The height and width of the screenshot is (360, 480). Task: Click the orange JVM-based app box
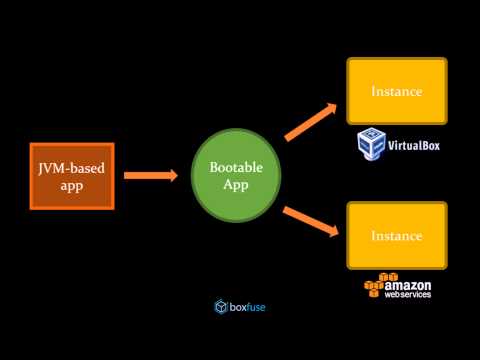click(x=71, y=176)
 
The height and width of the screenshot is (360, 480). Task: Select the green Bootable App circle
click(x=236, y=177)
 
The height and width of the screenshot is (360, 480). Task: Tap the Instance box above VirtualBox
click(x=396, y=91)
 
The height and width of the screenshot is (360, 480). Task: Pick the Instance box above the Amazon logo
click(x=396, y=235)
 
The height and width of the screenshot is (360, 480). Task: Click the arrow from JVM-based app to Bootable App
click(x=151, y=176)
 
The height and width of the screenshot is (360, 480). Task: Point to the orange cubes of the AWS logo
click(x=374, y=289)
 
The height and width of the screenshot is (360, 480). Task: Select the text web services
click(x=414, y=296)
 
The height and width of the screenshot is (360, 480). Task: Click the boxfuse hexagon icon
click(x=222, y=306)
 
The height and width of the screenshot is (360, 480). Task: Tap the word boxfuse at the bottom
click(x=248, y=306)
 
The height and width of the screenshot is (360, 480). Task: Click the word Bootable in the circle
click(x=236, y=168)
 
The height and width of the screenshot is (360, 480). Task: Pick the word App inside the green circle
click(x=236, y=186)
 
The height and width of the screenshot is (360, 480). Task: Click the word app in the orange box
click(x=71, y=185)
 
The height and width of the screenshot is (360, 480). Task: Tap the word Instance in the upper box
click(x=396, y=91)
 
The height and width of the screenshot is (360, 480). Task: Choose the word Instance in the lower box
click(x=396, y=235)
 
